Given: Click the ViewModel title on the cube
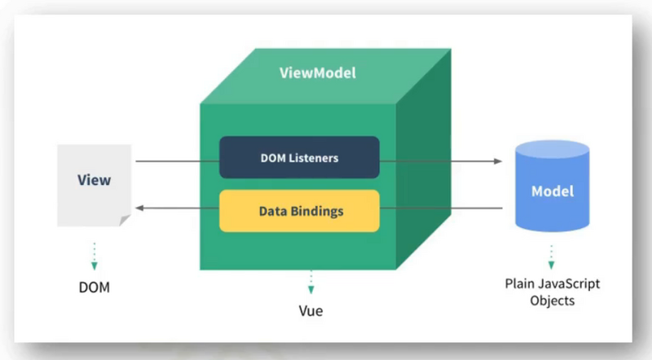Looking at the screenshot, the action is coord(318,73).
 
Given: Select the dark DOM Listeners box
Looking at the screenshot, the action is coord(299,157).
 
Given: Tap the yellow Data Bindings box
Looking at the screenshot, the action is coord(299,211).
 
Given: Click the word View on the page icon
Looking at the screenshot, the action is coord(94,180).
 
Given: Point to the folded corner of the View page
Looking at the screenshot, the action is coord(125,220).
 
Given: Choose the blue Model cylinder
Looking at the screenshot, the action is coord(553,186).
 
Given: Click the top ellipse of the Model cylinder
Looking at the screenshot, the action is coord(553,149).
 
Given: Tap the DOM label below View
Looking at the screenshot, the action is coord(95,288).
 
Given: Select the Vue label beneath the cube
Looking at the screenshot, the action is coord(311,311).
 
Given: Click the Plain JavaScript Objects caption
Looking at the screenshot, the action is coord(553,292).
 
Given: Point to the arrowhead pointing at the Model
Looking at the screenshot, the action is coord(498,161).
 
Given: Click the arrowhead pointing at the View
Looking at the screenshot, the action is coord(139,208).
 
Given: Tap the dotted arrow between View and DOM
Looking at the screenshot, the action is coord(95,256).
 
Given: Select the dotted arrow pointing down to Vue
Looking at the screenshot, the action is coord(311,283).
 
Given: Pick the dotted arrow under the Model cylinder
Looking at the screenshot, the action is coord(552,257).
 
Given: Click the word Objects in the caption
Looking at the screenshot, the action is coord(553,301).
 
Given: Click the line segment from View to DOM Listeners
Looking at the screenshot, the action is coord(178,161).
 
